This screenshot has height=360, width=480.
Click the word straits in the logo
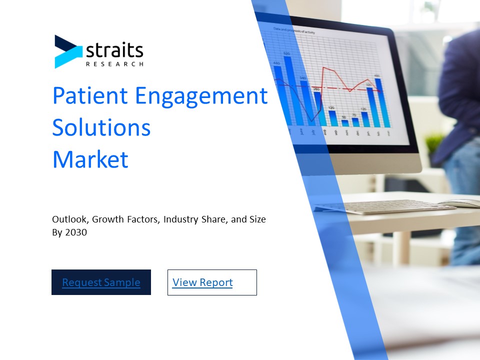pos(114,50)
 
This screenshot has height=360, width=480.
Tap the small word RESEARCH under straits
pos(114,64)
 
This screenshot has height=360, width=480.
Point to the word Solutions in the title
pos(101,127)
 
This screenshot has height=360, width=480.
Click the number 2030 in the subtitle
pos(76,232)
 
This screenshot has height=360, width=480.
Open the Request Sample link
pos(101,282)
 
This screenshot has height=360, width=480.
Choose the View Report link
pos(202,282)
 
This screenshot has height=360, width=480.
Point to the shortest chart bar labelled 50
pos(345,122)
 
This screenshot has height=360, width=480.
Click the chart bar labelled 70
pos(354,121)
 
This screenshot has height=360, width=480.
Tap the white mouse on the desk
pos(462,203)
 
